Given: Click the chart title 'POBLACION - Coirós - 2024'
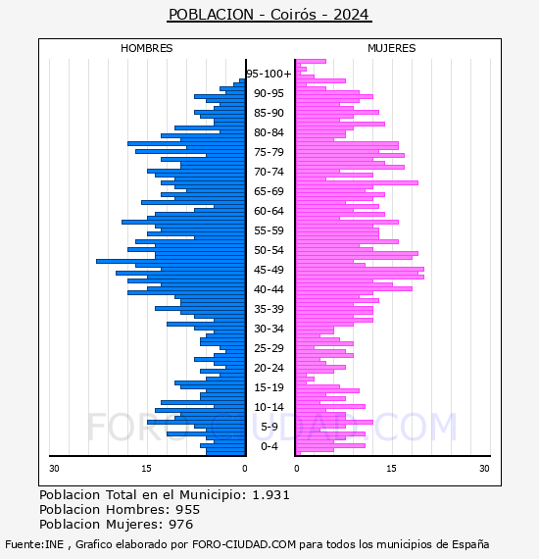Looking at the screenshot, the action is [x=269, y=15].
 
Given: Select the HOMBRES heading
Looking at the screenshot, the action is [x=146, y=48].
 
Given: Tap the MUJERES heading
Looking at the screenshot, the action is [x=392, y=48].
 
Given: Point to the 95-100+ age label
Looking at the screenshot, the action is [x=269, y=74].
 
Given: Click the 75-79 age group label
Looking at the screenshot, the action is [x=269, y=152].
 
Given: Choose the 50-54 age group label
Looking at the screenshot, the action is [x=269, y=250].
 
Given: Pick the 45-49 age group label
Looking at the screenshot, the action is [x=269, y=270].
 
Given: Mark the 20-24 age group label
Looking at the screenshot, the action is [x=269, y=368].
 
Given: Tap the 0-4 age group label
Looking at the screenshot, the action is [x=269, y=446].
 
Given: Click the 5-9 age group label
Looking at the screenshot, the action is [x=269, y=427].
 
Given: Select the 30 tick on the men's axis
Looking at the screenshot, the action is [x=54, y=469].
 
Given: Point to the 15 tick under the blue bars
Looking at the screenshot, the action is [x=146, y=469].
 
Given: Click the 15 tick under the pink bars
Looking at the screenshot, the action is [x=391, y=469].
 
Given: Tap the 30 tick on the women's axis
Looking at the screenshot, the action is [x=484, y=469].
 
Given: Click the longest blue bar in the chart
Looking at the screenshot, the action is [x=171, y=261].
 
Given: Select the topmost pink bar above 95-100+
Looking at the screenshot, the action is [x=311, y=62].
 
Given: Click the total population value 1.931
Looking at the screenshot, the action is [x=270, y=495].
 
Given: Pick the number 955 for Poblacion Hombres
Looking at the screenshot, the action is [x=188, y=510].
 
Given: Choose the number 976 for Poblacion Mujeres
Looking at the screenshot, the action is [x=181, y=525].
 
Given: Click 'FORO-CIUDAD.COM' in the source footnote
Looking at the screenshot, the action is [x=244, y=544].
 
